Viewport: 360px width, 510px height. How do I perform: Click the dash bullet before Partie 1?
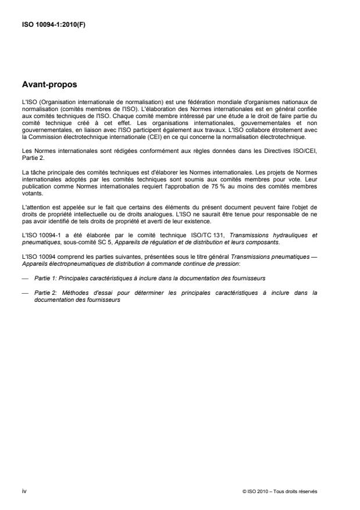(24, 278)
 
